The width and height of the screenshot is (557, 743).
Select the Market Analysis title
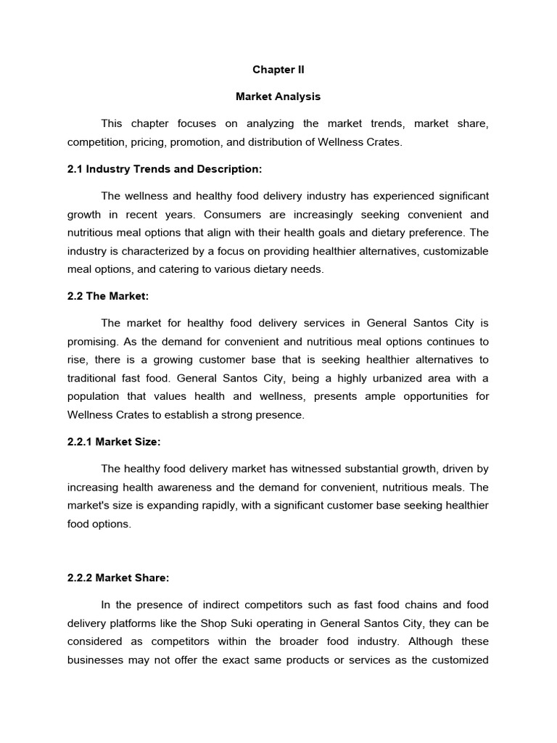coord(278,97)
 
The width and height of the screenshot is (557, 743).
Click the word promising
coord(94,341)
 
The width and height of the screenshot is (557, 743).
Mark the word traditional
coord(94,377)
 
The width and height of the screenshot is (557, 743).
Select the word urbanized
coord(400,377)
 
